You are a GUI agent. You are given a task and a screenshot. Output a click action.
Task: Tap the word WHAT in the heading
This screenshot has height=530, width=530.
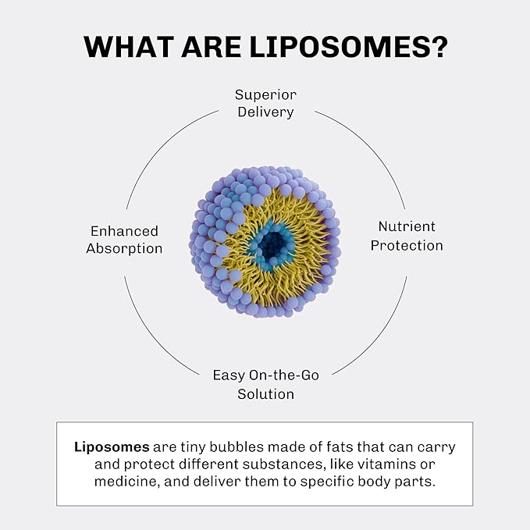(x=125, y=46)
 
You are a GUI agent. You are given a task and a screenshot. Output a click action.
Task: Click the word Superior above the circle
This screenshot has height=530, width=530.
(x=265, y=94)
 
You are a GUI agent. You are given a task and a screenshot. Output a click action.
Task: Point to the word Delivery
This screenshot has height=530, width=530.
(x=265, y=112)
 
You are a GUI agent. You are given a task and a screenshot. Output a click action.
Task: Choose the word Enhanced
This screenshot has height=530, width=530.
(x=124, y=231)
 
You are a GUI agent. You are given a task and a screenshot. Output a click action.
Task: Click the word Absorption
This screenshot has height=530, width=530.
(x=124, y=248)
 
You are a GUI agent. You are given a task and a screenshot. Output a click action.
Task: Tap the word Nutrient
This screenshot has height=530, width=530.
(x=407, y=227)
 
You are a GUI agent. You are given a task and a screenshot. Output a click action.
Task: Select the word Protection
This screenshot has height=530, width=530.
(x=407, y=245)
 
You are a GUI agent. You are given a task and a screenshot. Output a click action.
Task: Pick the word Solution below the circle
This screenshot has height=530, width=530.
(x=265, y=393)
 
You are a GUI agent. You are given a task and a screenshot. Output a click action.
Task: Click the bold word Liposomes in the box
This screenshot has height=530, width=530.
(x=112, y=447)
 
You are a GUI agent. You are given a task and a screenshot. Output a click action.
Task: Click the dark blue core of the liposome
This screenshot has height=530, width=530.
(x=272, y=245)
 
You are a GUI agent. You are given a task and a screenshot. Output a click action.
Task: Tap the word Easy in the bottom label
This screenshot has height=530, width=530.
(x=227, y=375)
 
